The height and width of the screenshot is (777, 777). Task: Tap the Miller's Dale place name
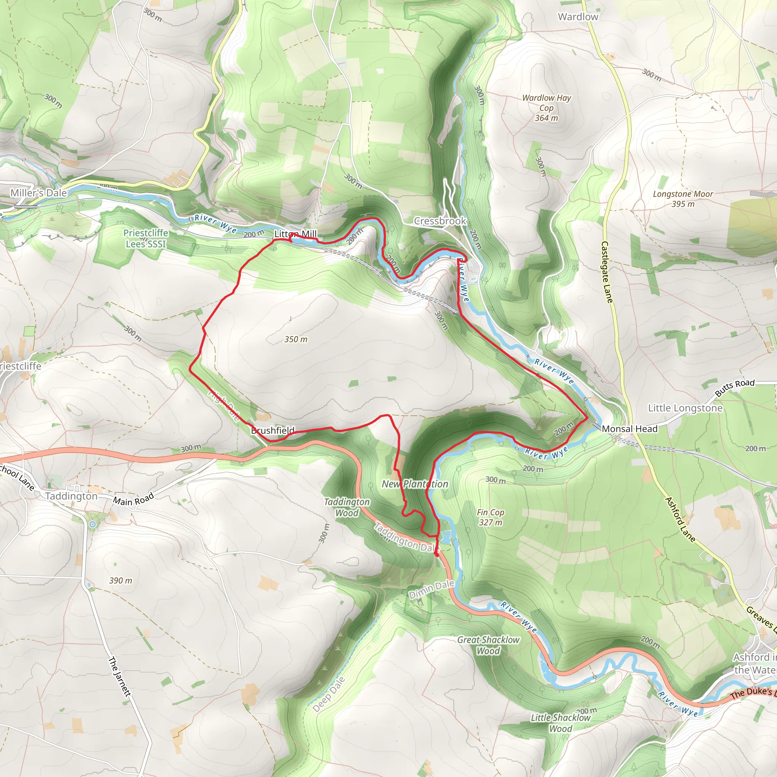[x=39, y=193]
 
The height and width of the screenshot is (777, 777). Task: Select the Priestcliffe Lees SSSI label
[x=146, y=238]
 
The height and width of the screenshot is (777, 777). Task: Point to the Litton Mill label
[x=296, y=234]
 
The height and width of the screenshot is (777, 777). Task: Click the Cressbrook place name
[x=440, y=221]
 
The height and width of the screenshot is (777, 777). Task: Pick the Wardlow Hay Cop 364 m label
[x=546, y=108]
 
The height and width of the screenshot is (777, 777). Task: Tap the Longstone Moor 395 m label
[x=683, y=199]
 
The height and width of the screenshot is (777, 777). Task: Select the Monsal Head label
[x=629, y=429]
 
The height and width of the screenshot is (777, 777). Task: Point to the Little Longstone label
[x=685, y=408]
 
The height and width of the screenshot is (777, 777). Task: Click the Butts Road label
[x=735, y=387]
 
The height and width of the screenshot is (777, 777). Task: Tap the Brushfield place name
[x=273, y=430]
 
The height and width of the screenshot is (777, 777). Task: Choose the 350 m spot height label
[x=296, y=339]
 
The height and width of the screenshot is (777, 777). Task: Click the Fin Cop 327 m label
[x=490, y=517]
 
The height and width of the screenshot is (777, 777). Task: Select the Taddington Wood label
[x=347, y=507]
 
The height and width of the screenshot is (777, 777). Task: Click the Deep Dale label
[x=329, y=694]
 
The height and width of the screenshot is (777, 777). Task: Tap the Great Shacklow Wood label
[x=488, y=645]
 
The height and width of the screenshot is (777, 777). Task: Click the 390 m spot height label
[x=120, y=580]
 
